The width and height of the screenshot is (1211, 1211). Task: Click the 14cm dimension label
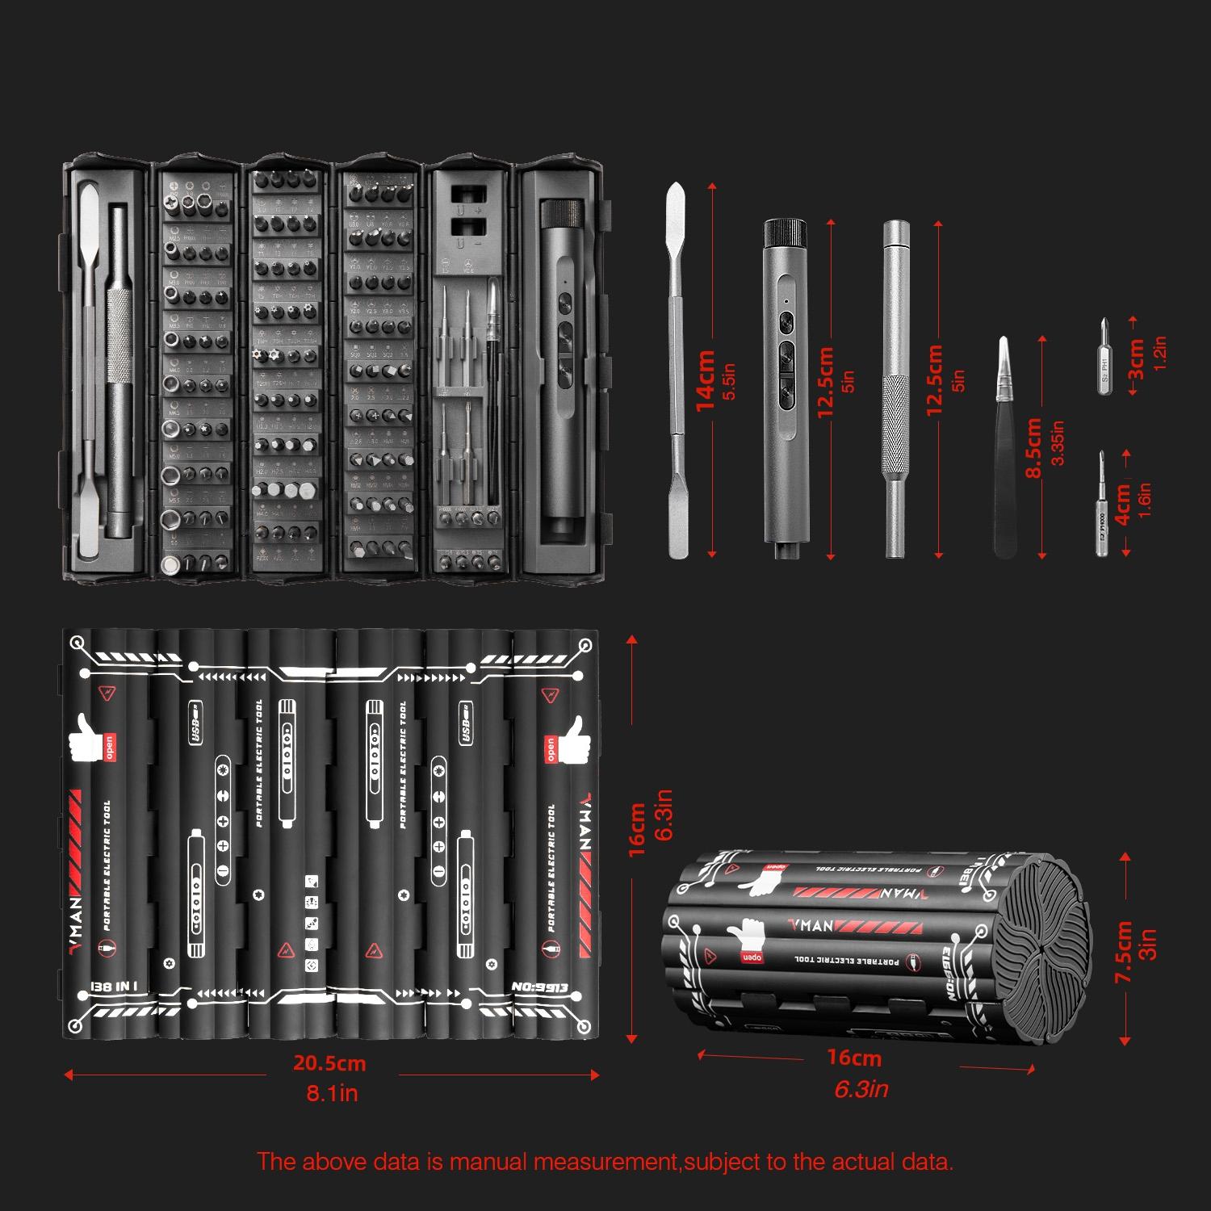[x=705, y=379]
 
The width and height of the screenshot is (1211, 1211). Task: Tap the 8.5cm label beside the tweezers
[x=1034, y=448]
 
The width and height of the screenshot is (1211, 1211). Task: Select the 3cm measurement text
[x=1136, y=358]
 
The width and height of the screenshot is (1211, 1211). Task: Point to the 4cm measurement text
[x=1123, y=505]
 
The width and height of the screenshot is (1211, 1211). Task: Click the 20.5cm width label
[x=329, y=1063]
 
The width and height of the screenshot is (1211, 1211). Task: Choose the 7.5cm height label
[x=1123, y=953]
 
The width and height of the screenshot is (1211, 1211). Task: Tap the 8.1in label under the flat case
[x=331, y=1093]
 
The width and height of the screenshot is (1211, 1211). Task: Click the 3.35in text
[x=1058, y=442]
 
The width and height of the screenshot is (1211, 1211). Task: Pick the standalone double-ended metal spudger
[x=677, y=371]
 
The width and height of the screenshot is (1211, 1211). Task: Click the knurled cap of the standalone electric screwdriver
[x=786, y=232]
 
